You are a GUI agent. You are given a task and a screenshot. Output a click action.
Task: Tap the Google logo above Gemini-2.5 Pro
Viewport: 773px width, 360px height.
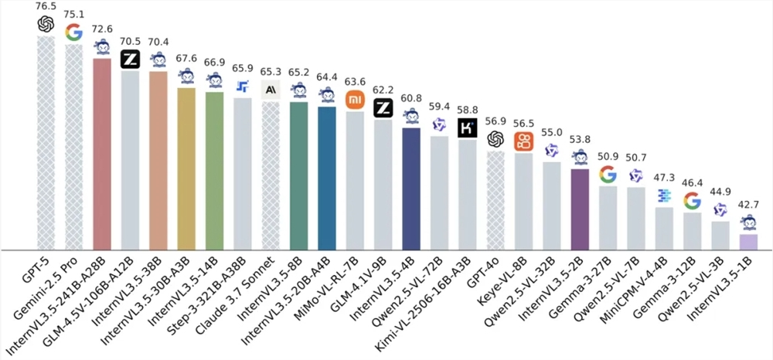coord(74,32)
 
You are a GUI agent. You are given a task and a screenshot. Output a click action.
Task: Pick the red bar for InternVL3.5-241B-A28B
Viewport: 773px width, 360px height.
coord(102,155)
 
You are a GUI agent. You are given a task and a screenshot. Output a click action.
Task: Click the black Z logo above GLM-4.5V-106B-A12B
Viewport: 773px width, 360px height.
coord(131,59)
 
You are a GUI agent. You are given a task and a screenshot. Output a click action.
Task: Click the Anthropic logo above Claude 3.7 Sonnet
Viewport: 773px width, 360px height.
coord(271,90)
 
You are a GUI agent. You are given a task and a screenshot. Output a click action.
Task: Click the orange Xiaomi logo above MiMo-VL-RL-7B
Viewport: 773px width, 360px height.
coord(355,100)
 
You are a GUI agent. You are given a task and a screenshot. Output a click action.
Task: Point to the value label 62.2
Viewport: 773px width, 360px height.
coord(383,89)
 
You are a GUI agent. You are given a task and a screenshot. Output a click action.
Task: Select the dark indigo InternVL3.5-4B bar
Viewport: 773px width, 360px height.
coord(411,188)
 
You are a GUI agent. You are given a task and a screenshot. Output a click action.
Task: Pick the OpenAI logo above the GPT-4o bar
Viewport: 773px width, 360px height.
coord(495,138)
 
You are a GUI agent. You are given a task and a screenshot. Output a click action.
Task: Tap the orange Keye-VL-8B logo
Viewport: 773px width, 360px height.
coord(524,141)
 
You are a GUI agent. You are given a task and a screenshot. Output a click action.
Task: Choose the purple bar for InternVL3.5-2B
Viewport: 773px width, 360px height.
coord(580,209)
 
